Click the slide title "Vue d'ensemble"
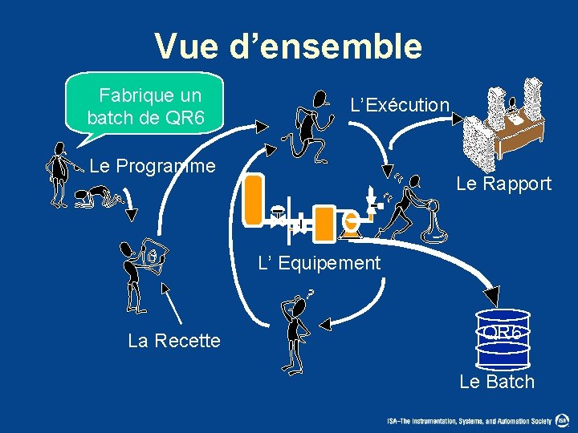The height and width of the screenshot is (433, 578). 288,46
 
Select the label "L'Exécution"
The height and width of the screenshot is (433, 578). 400,104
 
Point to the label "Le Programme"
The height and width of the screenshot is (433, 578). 153,166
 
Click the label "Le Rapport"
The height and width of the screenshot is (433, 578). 503,184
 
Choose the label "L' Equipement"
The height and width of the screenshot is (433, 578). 319,262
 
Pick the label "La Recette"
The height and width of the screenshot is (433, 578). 174,341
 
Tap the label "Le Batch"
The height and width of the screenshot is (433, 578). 496,382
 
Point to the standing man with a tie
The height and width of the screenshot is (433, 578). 58,172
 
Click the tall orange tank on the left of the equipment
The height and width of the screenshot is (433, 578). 254,199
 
